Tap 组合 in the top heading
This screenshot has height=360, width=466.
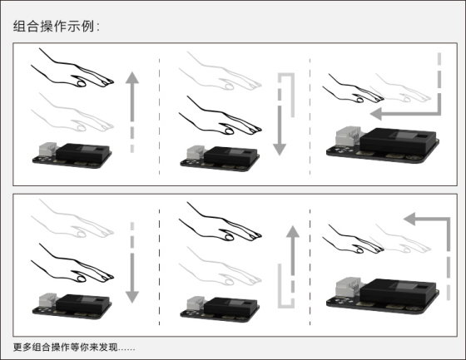tap(26, 26)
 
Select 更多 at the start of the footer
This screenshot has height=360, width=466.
tap(22, 347)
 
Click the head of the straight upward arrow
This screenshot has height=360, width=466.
tap(132, 77)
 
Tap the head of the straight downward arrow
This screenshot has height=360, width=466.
tap(132, 297)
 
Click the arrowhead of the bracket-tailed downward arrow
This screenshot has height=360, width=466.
tap(280, 150)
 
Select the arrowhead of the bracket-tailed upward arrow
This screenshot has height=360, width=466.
tap(293, 231)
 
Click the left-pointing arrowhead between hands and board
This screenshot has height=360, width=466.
tap(376, 114)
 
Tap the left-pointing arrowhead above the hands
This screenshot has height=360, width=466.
tap(409, 219)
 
